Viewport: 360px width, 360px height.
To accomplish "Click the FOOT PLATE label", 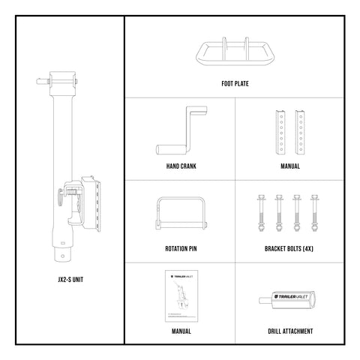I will point(236,85).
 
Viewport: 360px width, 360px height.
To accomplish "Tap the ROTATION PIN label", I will point(179,248).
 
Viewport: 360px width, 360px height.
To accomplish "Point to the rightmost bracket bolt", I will point(315,213).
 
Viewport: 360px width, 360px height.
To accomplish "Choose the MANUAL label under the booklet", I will point(179,330).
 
